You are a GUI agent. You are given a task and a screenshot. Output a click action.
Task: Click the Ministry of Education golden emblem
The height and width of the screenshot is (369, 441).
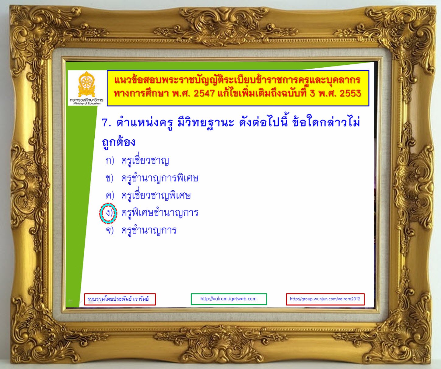(86, 84)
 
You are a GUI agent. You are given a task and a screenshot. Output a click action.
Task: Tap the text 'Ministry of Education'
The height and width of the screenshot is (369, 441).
(87, 103)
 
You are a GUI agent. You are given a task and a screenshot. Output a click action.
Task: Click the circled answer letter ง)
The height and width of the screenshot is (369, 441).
(108, 213)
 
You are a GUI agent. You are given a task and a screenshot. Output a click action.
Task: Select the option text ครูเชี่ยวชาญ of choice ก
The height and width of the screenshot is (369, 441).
(145, 160)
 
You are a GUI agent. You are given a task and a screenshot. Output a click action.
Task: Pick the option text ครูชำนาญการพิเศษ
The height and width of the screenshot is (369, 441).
(160, 178)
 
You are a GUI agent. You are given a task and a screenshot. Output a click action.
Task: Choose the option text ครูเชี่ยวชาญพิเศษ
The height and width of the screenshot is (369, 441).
(156, 195)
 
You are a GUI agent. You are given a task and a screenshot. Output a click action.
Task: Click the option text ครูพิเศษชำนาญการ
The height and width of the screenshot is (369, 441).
(160, 213)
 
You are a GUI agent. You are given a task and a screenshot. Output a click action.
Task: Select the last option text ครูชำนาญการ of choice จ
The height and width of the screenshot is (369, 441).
(149, 230)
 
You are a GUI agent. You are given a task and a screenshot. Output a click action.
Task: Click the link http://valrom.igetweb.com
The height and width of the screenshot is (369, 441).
(228, 299)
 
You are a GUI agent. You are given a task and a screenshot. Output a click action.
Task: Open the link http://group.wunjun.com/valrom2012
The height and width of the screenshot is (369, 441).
(325, 299)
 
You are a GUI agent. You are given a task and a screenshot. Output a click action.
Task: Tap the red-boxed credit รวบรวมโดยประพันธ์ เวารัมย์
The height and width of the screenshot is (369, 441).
(118, 299)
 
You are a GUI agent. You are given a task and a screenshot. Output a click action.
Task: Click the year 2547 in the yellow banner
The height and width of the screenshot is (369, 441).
(204, 93)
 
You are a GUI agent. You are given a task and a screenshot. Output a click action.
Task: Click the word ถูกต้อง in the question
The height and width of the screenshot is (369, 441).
(118, 142)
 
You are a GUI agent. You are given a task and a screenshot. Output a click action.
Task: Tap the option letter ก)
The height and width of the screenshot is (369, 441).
(110, 160)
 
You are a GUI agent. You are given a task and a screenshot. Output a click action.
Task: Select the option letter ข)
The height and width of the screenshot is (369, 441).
(110, 178)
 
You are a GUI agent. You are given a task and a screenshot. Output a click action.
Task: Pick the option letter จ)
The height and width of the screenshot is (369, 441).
(110, 230)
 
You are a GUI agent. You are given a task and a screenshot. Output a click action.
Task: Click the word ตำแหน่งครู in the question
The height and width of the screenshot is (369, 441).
(145, 122)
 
